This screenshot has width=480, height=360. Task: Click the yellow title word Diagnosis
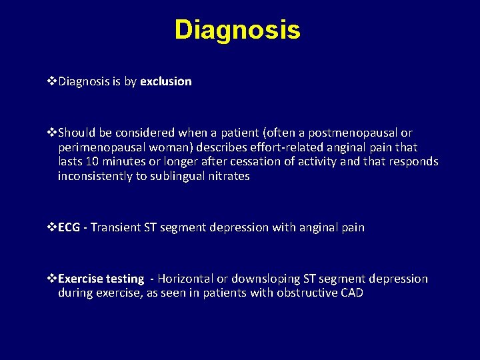(237, 30)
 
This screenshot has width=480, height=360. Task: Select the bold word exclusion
(166, 81)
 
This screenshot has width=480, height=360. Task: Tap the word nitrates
(227, 176)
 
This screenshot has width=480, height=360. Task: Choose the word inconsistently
(93, 176)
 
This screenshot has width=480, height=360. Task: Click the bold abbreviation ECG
(69, 227)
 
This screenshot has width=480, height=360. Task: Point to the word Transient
(115, 227)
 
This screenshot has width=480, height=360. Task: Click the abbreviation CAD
(351, 293)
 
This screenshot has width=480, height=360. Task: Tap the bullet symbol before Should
(53, 133)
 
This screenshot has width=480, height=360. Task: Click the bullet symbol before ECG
(53, 227)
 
